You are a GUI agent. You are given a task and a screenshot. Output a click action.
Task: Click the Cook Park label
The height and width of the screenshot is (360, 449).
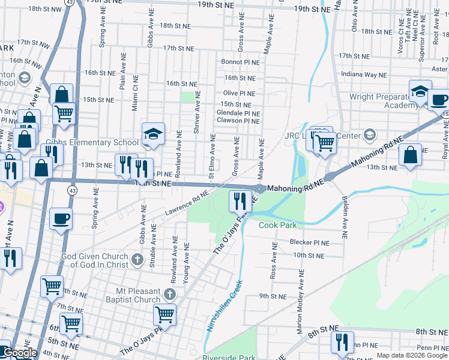click(x=279, y=226)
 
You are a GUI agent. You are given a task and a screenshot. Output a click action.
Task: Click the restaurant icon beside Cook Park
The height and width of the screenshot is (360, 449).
click(x=241, y=201)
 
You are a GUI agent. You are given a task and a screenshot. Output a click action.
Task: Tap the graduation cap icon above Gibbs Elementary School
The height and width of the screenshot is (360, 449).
click(x=153, y=134)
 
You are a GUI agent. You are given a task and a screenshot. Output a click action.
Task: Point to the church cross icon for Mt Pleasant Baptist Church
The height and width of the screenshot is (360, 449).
click(x=170, y=294)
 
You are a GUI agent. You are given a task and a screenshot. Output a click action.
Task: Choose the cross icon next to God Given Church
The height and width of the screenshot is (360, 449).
click(x=137, y=259)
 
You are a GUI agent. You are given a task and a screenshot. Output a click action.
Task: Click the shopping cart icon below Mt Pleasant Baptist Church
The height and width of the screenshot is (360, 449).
click(x=164, y=314)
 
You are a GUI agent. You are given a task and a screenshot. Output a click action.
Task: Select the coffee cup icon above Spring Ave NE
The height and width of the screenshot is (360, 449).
click(x=61, y=218)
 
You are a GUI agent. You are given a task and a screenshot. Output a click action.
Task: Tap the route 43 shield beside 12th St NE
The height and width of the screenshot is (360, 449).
click(x=72, y=190)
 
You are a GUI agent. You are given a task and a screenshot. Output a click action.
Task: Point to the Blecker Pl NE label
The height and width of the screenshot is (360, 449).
click(x=310, y=243)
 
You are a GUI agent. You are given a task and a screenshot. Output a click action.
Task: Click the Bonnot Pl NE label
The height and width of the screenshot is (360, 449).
click(x=240, y=62)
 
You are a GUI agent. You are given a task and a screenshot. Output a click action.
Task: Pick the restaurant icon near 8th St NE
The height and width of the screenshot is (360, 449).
click(x=342, y=341)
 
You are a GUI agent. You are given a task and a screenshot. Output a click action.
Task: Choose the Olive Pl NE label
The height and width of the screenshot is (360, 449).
click(x=239, y=94)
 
